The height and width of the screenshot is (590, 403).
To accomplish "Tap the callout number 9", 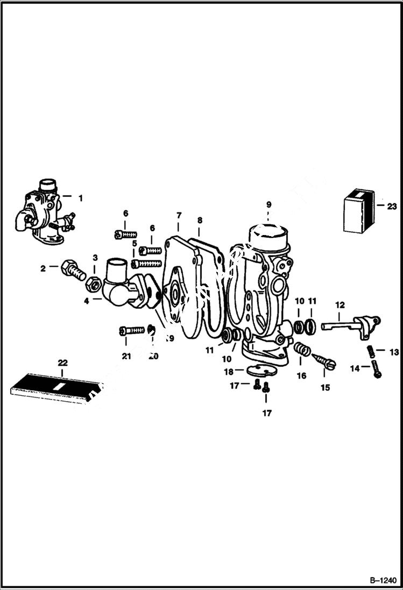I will [x=268, y=204].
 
